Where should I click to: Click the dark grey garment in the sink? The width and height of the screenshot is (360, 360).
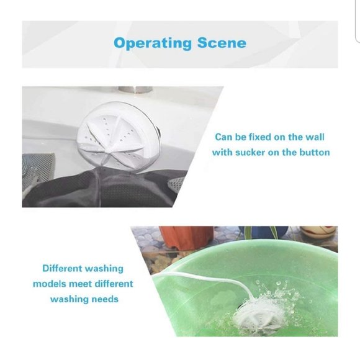93,189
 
